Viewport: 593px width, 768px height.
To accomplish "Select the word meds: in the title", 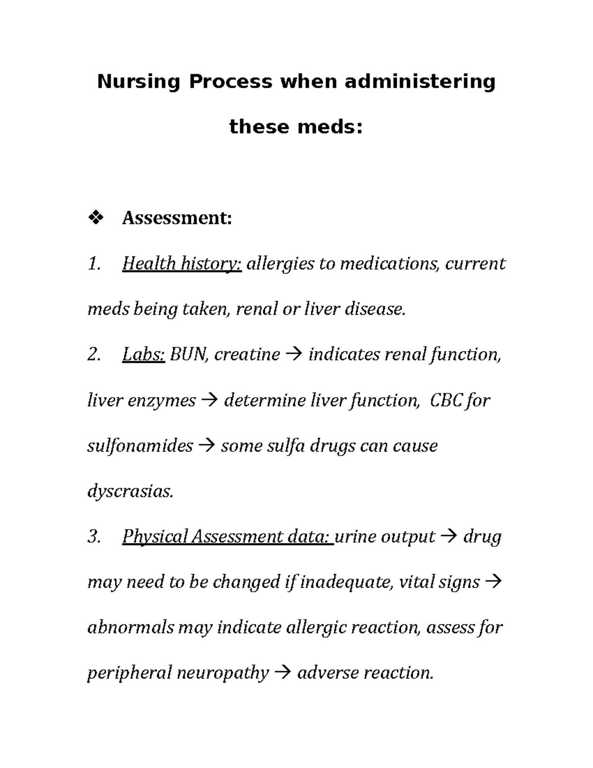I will (330, 127).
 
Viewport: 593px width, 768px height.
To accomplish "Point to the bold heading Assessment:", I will (177, 218).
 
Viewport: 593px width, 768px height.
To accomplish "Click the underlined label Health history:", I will (181, 264).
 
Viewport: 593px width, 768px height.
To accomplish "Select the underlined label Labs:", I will (143, 355).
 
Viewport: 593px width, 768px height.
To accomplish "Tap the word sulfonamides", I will (140, 446).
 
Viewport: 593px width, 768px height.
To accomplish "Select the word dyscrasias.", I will (130, 492).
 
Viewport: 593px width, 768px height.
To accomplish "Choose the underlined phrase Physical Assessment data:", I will (228, 537).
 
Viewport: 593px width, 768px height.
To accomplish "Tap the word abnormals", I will (130, 628).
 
